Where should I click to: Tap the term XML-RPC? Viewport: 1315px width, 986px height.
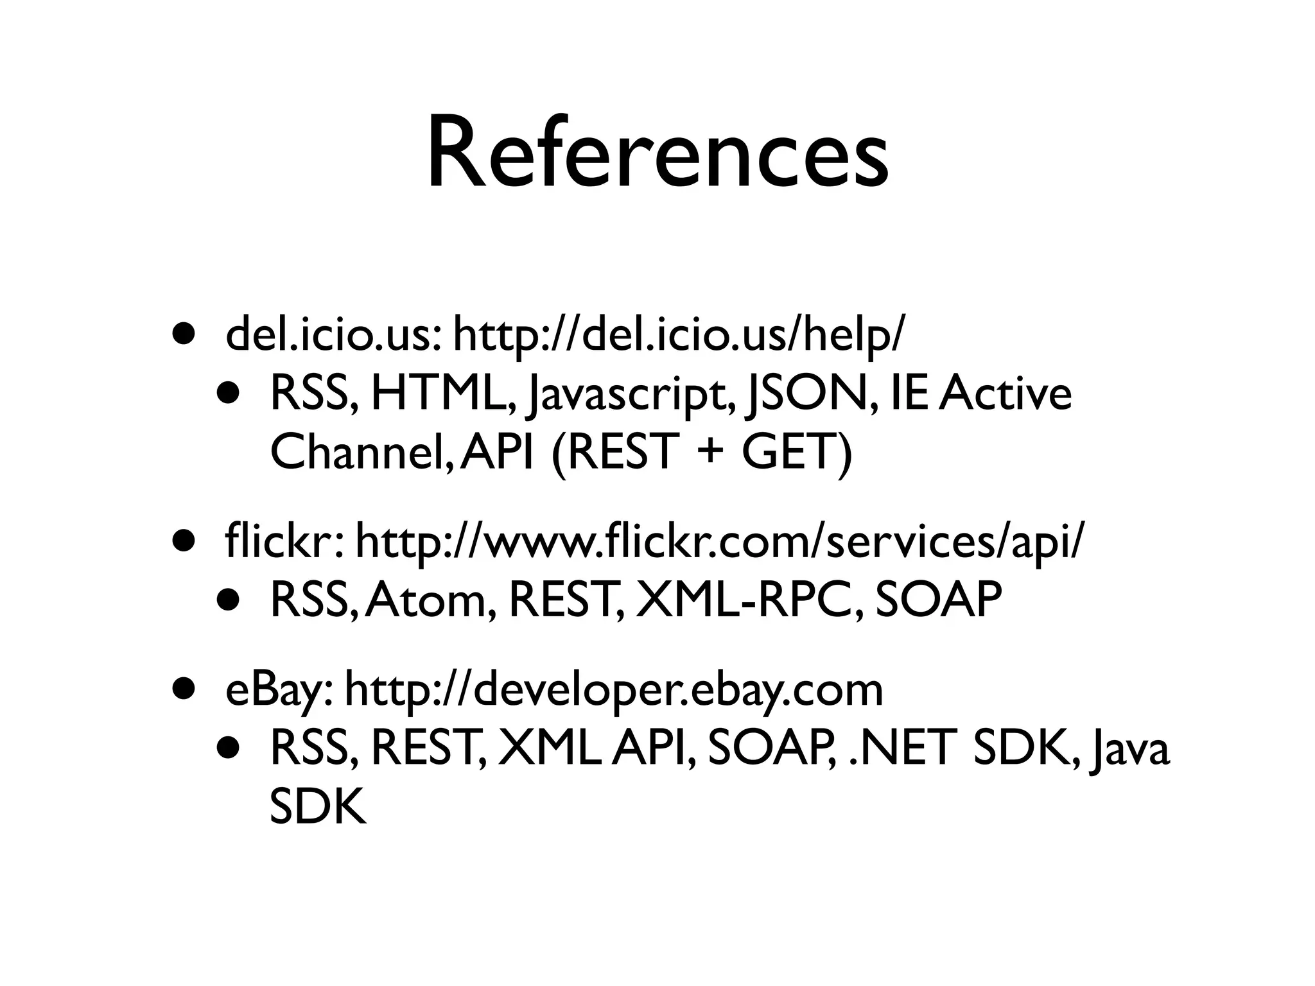[749, 600]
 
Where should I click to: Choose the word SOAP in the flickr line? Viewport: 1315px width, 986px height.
[938, 600]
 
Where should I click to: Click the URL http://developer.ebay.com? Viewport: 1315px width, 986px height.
[614, 692]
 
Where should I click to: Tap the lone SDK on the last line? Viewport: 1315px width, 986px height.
[317, 806]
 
